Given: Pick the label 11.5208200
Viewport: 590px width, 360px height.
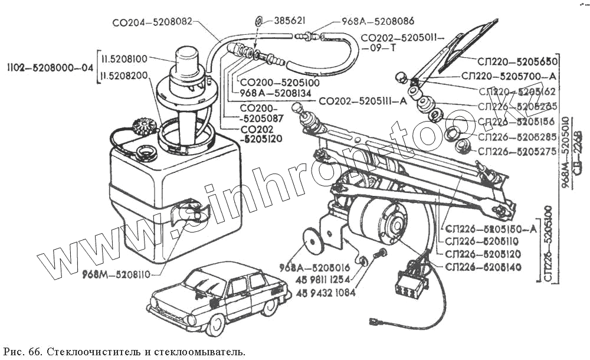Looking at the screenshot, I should pos(126,76).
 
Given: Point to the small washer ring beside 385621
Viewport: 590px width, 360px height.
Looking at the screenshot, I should pos(260,22).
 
